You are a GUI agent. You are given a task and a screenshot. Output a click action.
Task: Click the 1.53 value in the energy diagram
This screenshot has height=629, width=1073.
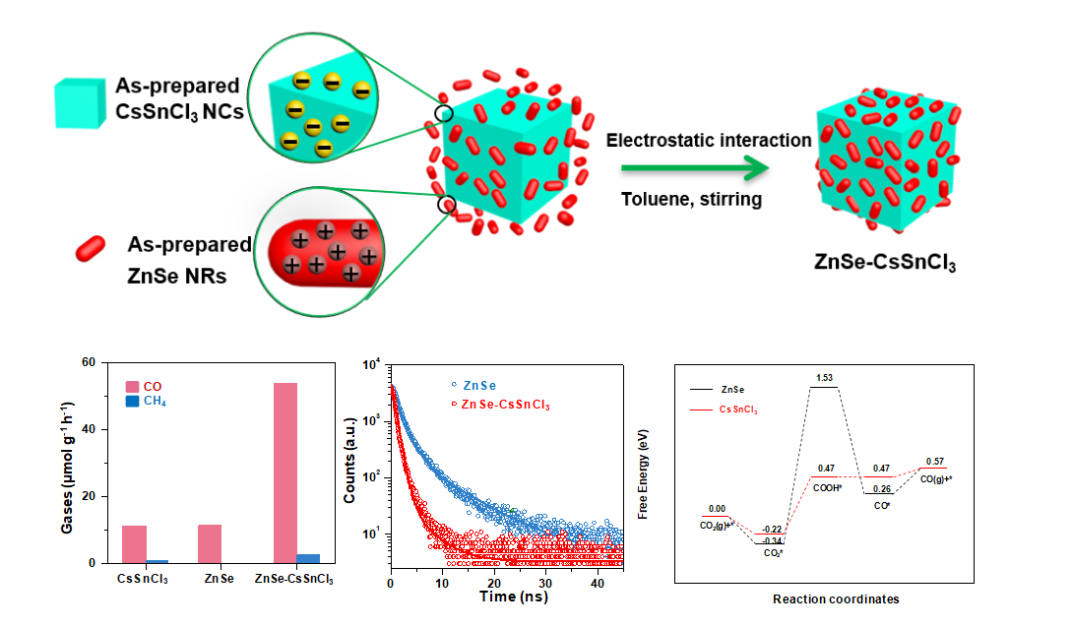[823, 378]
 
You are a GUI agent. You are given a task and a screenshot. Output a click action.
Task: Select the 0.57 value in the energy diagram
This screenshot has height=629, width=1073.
[934, 461]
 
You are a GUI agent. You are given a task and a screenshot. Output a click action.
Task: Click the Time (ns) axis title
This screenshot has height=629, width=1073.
[513, 597]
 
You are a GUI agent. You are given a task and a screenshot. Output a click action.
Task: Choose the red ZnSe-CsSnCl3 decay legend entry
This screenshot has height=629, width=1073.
[501, 405]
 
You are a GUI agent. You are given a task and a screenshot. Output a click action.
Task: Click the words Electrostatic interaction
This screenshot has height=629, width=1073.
[709, 140]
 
